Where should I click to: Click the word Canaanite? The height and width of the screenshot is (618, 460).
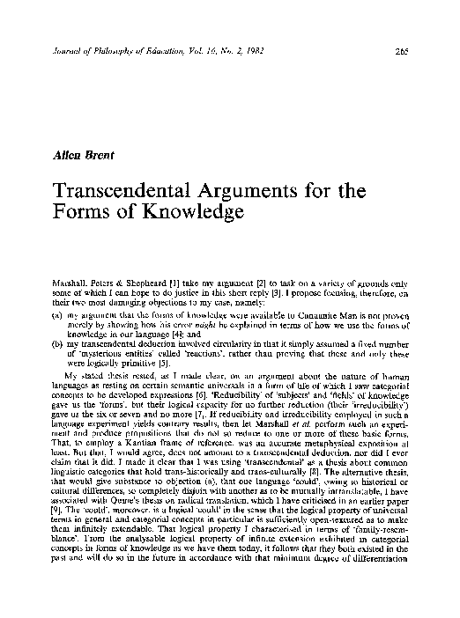(x=281, y=288)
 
